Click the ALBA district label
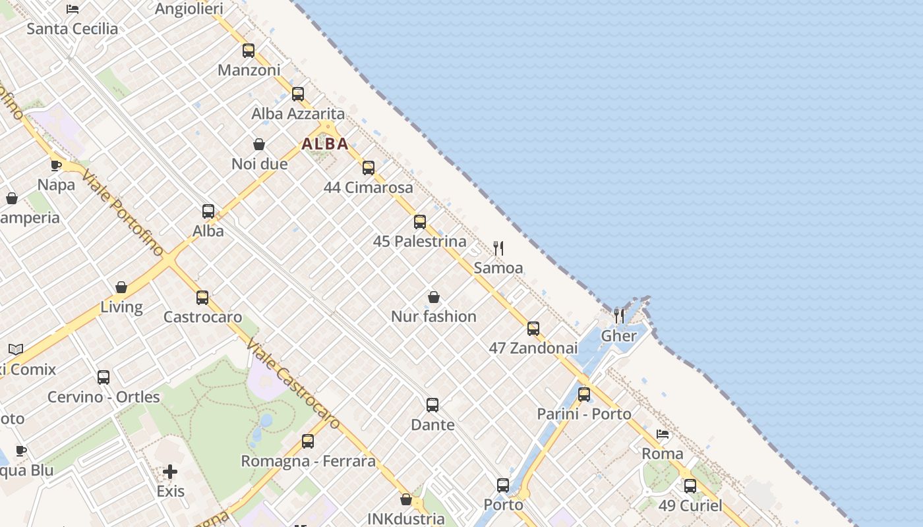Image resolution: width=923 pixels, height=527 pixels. (325, 144)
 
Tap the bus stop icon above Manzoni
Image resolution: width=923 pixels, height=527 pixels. (249, 50)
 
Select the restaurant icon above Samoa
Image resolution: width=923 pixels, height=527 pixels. (498, 248)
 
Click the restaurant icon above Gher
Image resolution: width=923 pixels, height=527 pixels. (619, 316)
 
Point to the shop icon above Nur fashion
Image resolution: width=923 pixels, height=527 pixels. (434, 297)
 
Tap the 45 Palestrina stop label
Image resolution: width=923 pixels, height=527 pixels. (420, 241)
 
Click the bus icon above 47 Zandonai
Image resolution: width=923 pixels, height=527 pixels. (533, 328)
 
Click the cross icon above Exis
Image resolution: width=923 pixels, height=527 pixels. (170, 472)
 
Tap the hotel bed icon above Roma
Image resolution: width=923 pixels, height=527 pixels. (663, 434)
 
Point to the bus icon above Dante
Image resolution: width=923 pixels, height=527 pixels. (432, 404)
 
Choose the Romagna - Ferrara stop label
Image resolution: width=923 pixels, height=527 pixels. (308, 461)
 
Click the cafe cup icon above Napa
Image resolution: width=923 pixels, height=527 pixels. (56, 165)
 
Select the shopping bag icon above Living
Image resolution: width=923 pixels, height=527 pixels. (121, 287)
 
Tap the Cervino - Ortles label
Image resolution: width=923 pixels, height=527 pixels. (104, 397)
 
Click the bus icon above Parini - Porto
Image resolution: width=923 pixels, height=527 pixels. (584, 395)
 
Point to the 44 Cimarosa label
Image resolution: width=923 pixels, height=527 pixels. (369, 188)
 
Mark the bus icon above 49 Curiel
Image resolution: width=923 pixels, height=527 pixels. (690, 486)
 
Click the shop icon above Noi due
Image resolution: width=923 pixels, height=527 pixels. (259, 144)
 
